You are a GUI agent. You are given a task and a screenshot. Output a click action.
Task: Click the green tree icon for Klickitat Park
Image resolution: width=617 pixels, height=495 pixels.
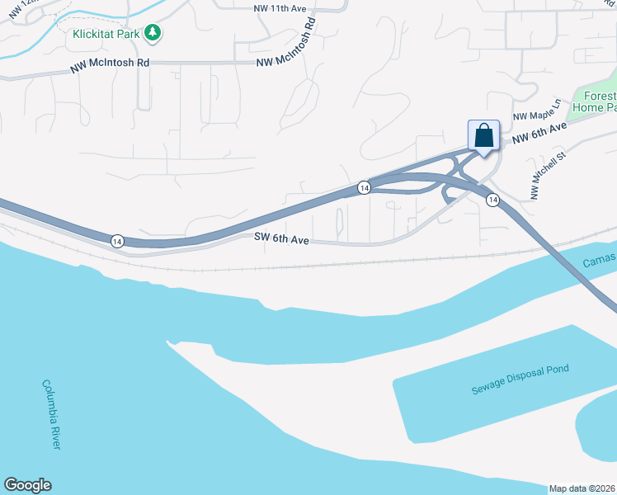[152, 33]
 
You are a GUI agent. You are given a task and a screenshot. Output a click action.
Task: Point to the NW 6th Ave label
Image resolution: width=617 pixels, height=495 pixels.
[539, 135]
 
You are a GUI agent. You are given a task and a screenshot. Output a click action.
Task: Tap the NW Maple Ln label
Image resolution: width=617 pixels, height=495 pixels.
[535, 111]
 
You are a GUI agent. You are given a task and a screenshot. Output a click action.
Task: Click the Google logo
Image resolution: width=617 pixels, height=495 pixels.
[27, 485]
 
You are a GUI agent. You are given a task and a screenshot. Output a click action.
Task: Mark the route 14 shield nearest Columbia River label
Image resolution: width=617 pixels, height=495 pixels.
[117, 241]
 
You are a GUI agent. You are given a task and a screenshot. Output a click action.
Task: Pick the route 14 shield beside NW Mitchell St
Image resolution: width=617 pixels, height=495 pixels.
[492, 200]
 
